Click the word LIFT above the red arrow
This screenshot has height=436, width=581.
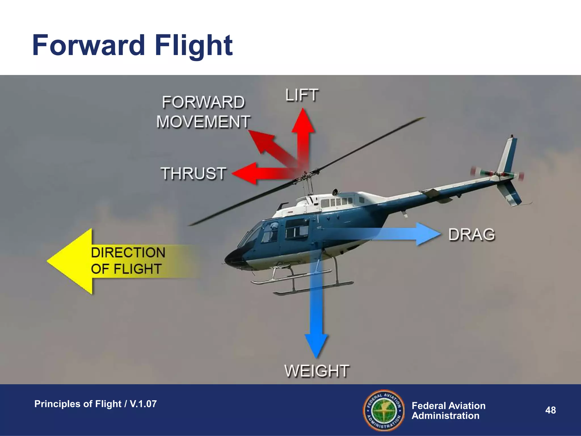(x=302, y=95)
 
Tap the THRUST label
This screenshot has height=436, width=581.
(x=194, y=173)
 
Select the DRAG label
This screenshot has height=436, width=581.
(x=472, y=235)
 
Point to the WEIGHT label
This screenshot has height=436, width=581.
(x=317, y=371)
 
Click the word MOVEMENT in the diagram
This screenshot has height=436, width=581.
(x=203, y=122)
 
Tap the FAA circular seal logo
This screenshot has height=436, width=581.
(x=384, y=410)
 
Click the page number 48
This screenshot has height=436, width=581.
(x=550, y=410)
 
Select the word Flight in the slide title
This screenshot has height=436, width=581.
(x=193, y=45)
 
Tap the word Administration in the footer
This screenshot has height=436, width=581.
(x=445, y=416)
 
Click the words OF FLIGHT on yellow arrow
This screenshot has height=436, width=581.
(x=126, y=269)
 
